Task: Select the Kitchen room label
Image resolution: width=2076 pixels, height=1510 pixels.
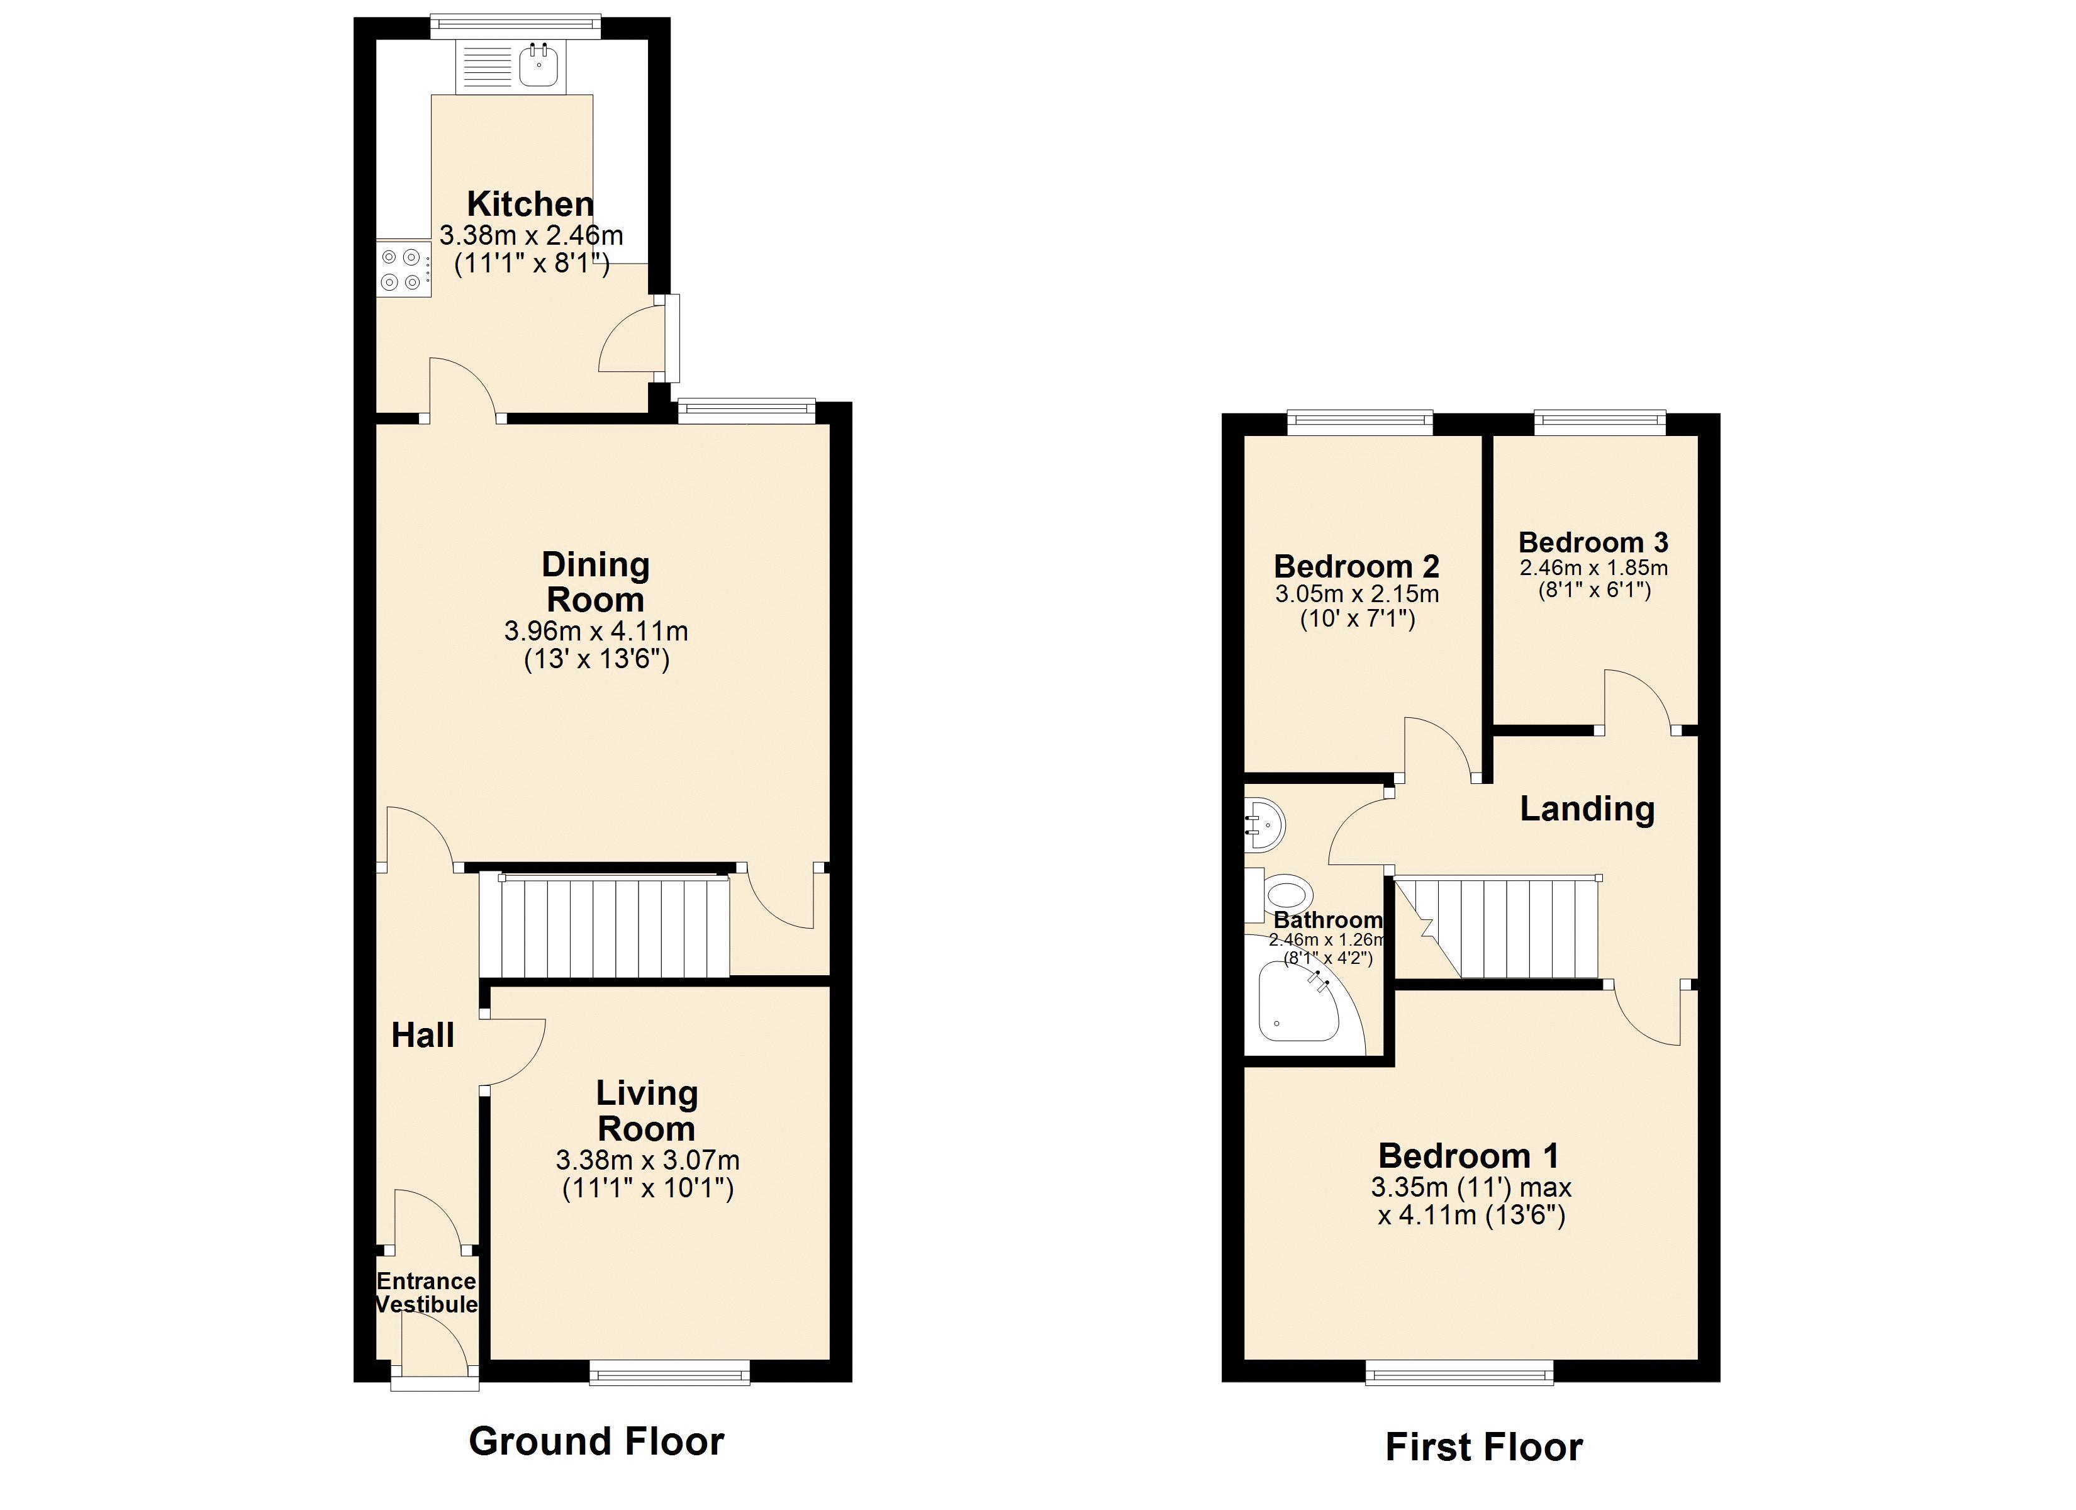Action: [530, 203]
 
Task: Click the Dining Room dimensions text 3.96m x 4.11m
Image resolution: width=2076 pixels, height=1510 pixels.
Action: [596, 632]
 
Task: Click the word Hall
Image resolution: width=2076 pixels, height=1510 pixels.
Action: [423, 1036]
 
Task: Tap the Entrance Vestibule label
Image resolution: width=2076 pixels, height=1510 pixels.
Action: [427, 1292]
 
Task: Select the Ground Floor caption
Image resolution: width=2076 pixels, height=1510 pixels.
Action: [596, 1440]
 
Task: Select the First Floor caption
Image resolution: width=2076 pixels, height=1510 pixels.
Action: [1484, 1447]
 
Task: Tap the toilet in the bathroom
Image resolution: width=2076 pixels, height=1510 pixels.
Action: [1285, 893]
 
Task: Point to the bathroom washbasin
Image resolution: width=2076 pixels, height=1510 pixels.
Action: [1265, 822]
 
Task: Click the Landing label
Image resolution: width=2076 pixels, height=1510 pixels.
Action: [1587, 808]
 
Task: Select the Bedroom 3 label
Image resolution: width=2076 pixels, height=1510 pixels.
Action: [1593, 542]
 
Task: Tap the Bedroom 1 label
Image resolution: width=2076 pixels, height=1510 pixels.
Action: [1468, 1156]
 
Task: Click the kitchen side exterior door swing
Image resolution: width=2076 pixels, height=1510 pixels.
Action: [632, 340]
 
